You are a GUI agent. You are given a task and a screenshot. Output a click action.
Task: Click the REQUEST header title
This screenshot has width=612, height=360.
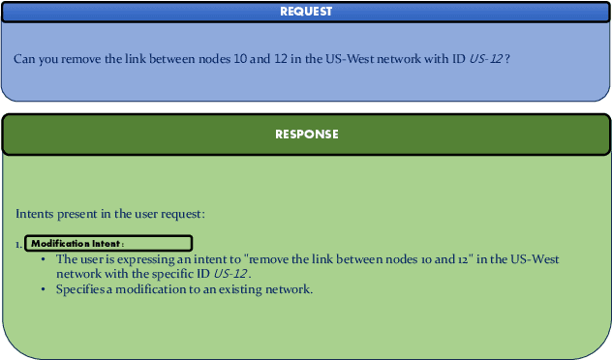pos(306,12)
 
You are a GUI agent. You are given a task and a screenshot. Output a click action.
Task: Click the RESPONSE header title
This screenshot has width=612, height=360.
pos(306,135)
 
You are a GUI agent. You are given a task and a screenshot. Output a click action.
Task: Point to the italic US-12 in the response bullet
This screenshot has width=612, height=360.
pos(230,274)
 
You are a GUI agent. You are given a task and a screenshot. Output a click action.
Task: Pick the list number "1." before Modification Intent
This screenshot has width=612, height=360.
pos(18,244)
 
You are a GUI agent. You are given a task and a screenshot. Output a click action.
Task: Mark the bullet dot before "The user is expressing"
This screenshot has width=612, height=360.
pos(44,259)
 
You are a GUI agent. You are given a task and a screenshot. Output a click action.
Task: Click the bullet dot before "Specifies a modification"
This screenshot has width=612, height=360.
pos(44,288)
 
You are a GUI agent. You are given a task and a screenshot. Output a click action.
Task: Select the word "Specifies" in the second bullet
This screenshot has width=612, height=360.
pos(78,288)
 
